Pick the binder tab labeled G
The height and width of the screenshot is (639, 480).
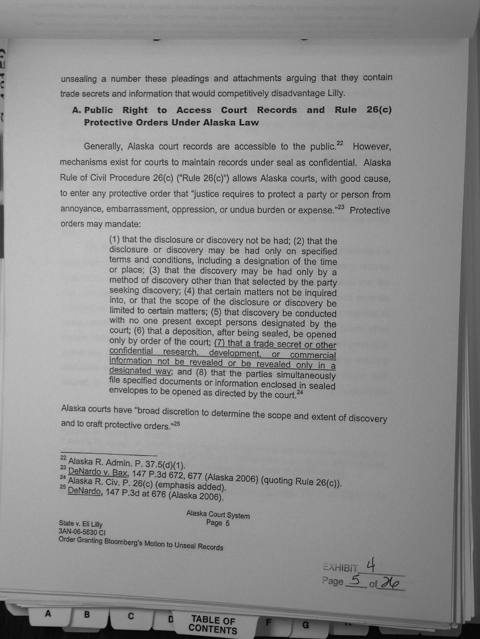point(306,625)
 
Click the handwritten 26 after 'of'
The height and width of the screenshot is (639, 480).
point(390,583)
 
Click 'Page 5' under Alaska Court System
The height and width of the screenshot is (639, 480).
point(218,523)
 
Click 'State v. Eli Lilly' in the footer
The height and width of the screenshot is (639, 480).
point(81,524)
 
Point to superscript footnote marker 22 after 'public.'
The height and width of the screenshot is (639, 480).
point(340,143)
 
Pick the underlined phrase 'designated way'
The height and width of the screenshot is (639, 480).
point(140,371)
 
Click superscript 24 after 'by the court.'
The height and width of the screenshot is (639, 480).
point(300,392)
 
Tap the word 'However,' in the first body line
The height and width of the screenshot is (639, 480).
point(371,147)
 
